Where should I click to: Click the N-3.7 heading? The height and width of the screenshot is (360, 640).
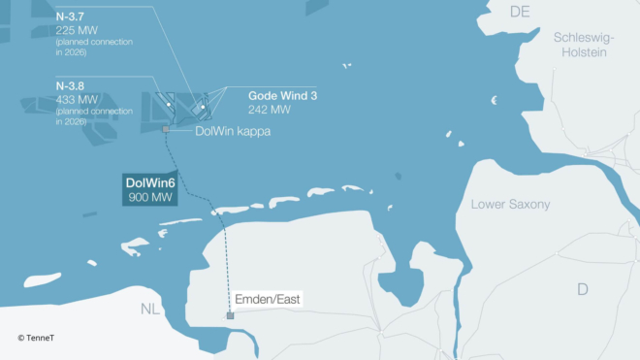tap(71, 17)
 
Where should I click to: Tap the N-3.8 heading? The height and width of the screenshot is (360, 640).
tap(71, 85)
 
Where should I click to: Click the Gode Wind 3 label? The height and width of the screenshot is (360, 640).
tap(282, 96)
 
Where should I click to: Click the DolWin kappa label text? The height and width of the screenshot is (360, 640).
tap(233, 130)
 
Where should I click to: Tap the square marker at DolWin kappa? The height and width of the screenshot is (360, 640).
tap(166, 128)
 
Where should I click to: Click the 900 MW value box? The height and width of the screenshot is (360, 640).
tap(149, 198)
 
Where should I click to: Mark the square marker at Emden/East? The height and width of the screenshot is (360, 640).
tap(230, 315)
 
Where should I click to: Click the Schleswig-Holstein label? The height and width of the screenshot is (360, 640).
tap(580, 45)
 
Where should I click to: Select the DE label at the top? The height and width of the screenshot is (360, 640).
tap(521, 11)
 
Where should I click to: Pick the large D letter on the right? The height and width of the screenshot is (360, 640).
tap(582, 289)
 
